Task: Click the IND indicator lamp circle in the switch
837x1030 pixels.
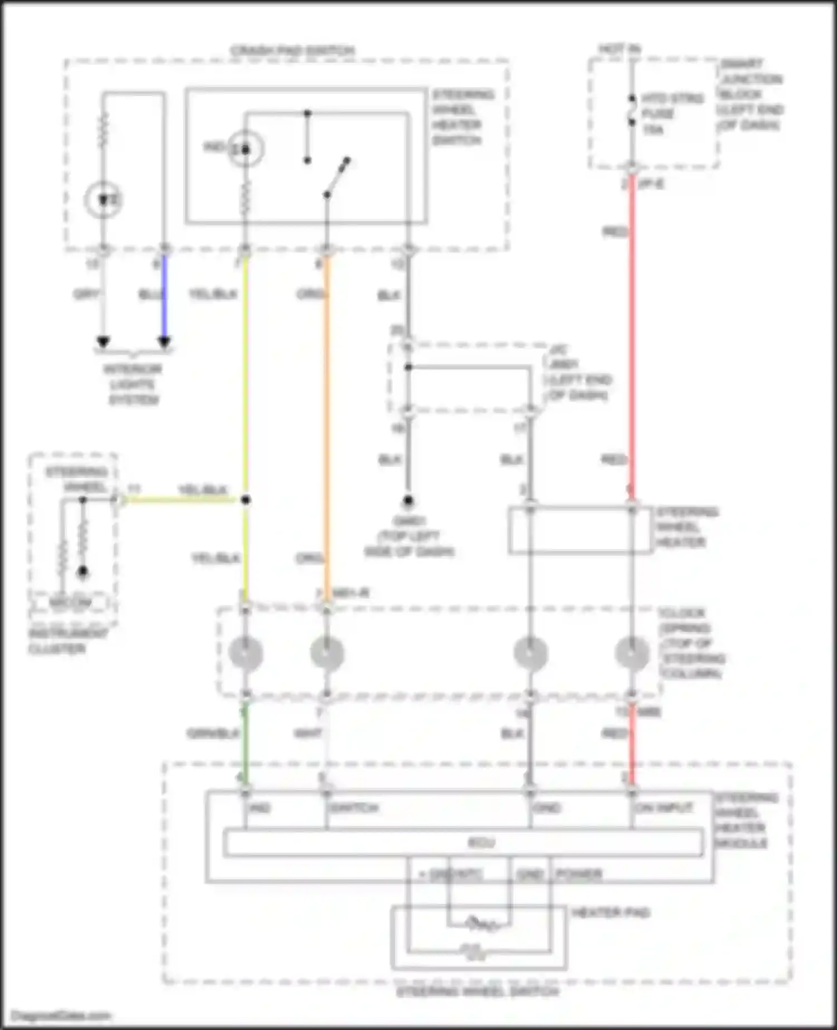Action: pos(245,149)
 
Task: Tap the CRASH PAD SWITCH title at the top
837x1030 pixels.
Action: pos(292,50)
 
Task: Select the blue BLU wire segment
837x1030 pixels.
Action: pos(164,296)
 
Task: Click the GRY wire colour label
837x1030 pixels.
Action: pos(86,294)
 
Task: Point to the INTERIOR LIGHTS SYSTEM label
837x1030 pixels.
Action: pos(133,384)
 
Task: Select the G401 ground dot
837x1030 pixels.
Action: pos(408,500)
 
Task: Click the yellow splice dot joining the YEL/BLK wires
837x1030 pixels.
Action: pos(246,499)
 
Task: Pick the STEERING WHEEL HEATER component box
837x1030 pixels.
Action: pos(580,530)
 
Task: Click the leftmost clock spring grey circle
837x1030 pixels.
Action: pos(246,653)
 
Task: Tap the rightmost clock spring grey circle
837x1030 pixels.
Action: pos(632,653)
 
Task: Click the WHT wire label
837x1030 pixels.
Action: pos(308,733)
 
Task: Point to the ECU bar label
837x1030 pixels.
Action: pos(481,843)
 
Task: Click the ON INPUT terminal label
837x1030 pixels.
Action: pos(664,808)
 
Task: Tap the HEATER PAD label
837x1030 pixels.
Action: pos(610,912)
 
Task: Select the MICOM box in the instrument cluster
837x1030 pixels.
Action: pos(70,603)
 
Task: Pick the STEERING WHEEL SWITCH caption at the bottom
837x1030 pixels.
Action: pos(478,992)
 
